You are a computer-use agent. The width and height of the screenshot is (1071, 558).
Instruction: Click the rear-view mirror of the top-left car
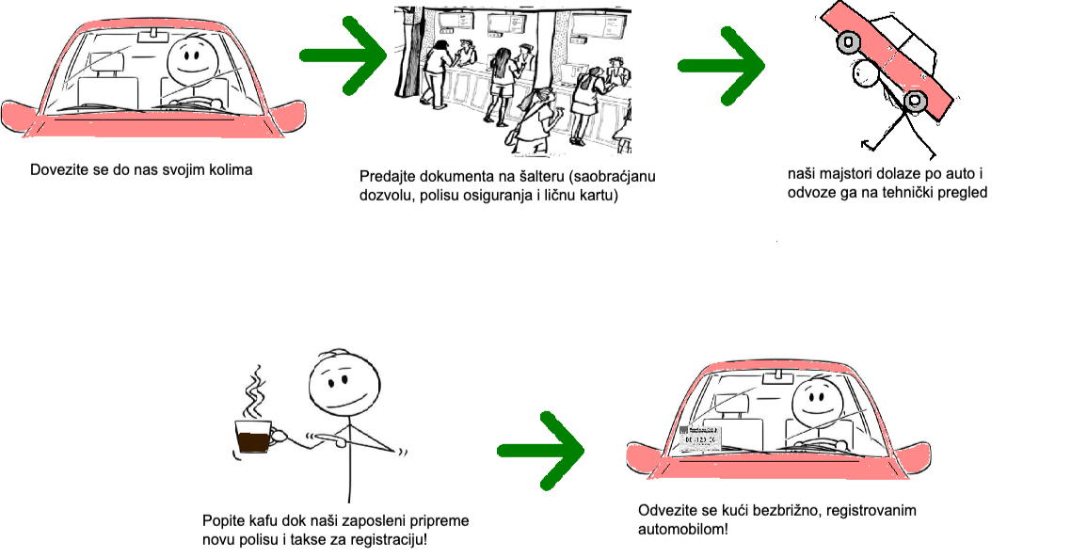click(x=149, y=37)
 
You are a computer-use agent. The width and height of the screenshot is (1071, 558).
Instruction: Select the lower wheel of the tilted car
click(x=915, y=101)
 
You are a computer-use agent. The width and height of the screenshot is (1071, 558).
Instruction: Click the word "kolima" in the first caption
click(x=232, y=170)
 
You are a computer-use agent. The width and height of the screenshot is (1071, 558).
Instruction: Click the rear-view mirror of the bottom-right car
click(x=776, y=375)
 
